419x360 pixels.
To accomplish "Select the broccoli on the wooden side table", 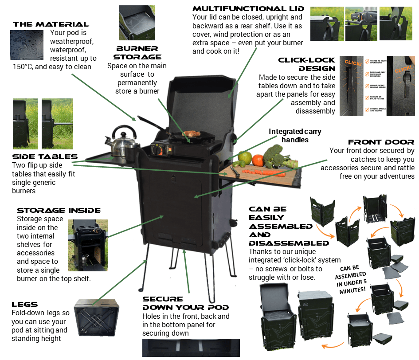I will click(274, 155).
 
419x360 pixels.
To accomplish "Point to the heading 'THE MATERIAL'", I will click(51, 24).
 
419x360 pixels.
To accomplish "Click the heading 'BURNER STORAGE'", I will click(137, 52).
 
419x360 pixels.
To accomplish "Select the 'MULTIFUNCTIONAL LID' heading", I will click(248, 9).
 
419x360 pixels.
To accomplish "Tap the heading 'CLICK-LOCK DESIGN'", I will click(307, 64).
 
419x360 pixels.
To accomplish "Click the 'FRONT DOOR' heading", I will click(381, 142).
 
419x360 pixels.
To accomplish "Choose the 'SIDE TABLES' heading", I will click(45, 157).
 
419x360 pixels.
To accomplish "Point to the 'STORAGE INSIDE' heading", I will click(59, 210).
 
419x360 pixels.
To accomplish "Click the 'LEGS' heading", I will click(25, 305).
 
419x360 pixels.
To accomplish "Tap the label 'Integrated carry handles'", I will click(295, 136).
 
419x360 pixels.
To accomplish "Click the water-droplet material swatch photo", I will click(27, 44).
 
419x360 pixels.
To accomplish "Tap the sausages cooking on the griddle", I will click(191, 133).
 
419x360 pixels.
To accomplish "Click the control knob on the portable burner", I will click(157, 151).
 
